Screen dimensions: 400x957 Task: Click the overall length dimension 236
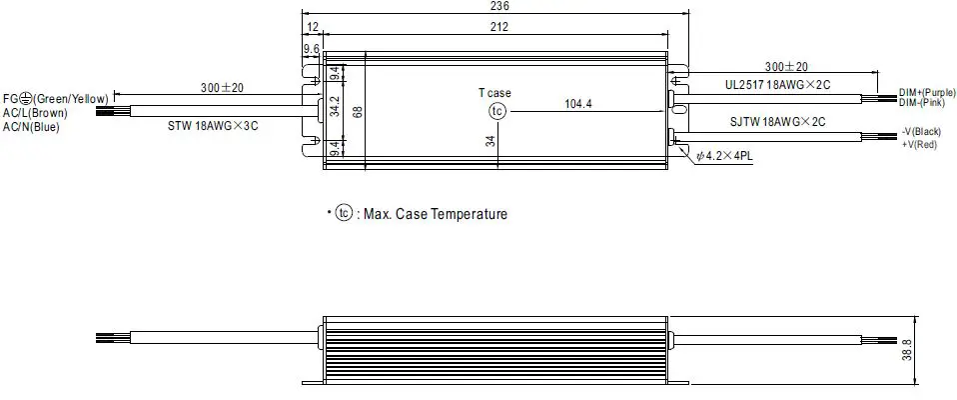[494, 6]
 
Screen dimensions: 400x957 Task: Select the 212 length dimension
[494, 26]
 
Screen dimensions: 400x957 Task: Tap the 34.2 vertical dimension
[336, 107]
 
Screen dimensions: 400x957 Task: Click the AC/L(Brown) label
[34, 113]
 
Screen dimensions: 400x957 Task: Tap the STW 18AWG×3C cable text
[214, 127]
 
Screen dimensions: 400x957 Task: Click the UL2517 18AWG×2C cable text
[777, 85]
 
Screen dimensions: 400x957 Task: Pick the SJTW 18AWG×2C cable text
[777, 121]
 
